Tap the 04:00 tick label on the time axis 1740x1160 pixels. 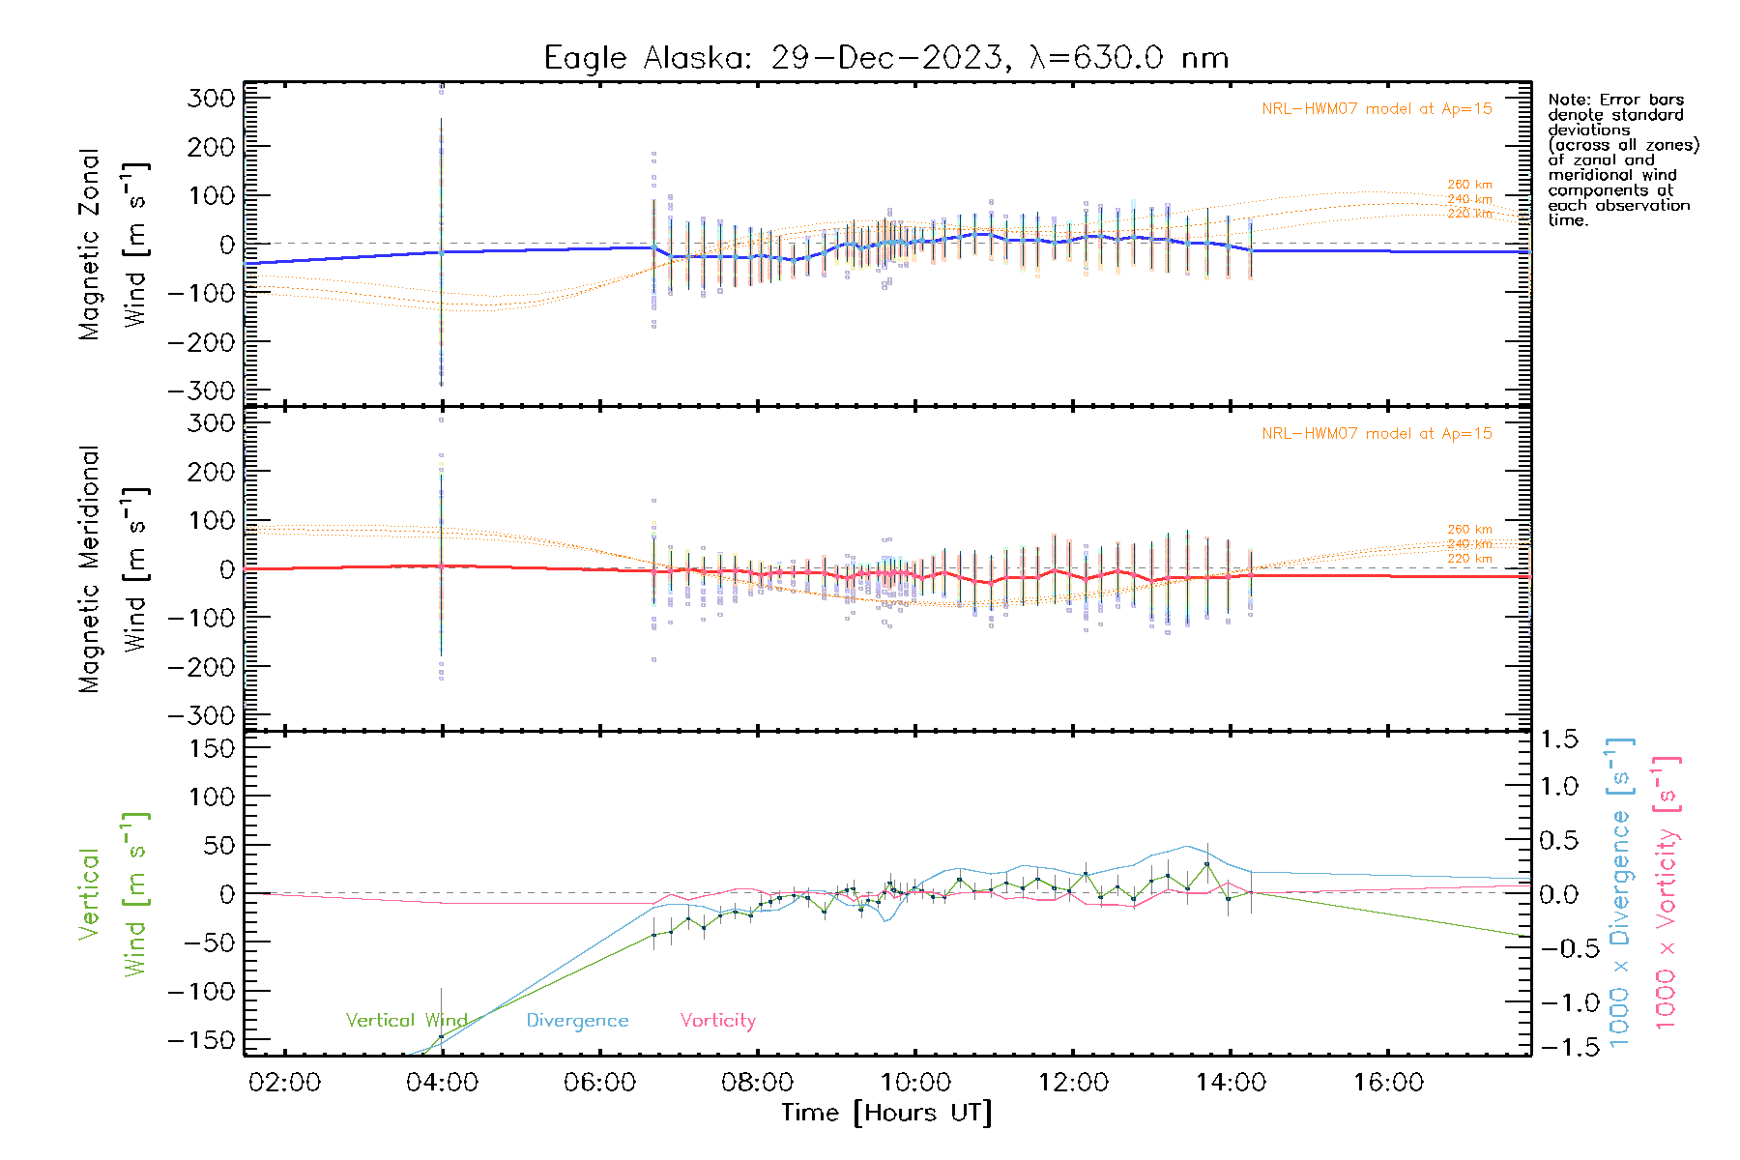442,1083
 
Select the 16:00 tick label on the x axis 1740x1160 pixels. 1388,1083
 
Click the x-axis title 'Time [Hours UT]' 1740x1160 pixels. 886,1113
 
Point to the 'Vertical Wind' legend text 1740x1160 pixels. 406,1021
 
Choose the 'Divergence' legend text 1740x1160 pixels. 577,1021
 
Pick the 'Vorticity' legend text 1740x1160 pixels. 717,1021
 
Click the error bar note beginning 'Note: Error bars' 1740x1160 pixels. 1623,159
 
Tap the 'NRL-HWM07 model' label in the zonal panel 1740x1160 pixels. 1377,109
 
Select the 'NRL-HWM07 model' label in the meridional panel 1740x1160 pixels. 1377,434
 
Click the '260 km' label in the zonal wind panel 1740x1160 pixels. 1469,185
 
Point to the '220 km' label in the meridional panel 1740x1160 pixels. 1469,559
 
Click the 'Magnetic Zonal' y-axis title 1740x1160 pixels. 89,245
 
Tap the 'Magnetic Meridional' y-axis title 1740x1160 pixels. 89,569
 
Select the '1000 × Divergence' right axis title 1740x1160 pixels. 1619,892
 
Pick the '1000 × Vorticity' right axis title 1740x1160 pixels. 1666,892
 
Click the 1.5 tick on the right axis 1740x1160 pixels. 1558,739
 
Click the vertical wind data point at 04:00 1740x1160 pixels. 441,1037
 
